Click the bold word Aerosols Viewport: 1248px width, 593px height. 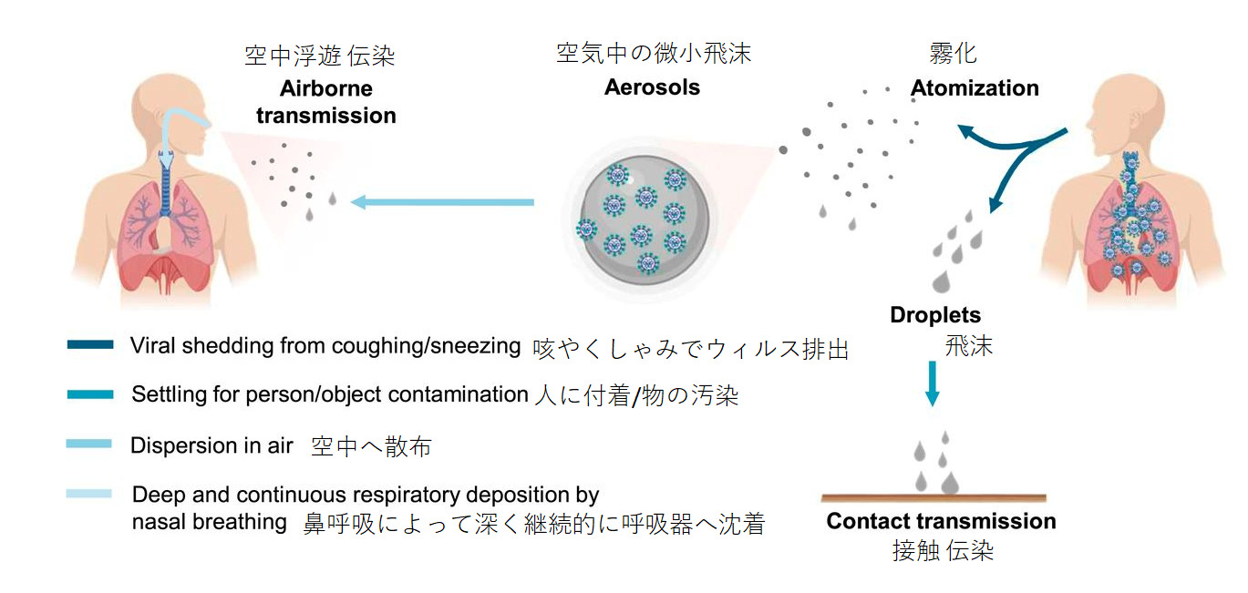[652, 87]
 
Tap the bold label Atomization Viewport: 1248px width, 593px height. [975, 87]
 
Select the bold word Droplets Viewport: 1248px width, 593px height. [935, 315]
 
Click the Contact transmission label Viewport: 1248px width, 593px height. [941, 521]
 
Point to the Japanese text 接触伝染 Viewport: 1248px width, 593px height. [942, 551]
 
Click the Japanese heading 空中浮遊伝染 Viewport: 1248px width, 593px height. [320, 56]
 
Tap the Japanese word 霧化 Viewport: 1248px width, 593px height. [953, 54]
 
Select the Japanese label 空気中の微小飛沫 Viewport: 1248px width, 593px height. [654, 54]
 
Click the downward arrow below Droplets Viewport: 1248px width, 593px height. [932, 383]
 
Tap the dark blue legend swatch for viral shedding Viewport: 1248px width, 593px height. [90, 345]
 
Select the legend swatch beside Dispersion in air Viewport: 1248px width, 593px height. [90, 444]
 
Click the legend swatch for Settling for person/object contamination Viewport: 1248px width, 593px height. [90, 394]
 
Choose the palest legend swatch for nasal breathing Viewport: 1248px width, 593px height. [90, 494]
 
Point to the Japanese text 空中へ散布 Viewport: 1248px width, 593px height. [371, 446]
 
